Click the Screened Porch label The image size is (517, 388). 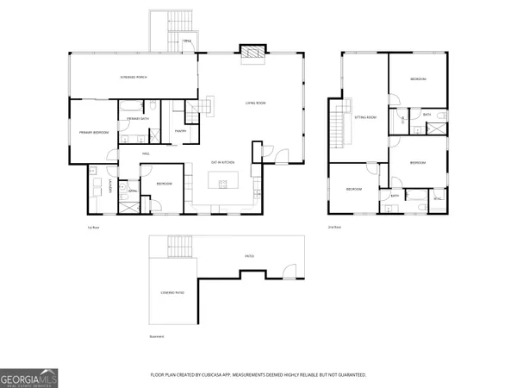133,78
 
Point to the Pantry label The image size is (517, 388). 181,131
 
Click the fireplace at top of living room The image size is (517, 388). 251,53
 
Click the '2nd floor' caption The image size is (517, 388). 333,227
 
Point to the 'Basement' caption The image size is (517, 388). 156,336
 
